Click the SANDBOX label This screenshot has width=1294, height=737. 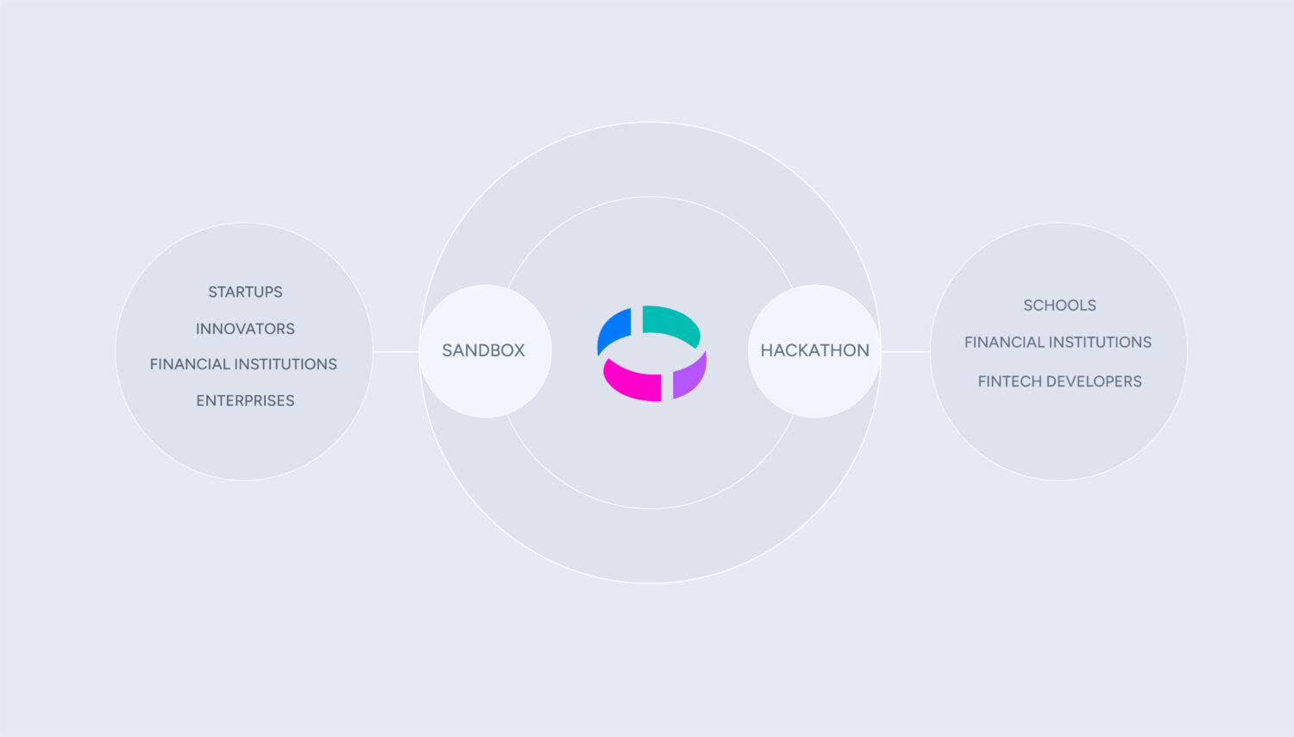point(483,350)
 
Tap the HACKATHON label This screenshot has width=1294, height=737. point(814,350)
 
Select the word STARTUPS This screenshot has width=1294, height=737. point(245,292)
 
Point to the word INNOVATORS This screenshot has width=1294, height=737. point(245,329)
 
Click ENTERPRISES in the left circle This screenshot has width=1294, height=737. point(245,400)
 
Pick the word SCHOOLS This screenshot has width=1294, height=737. point(1059,306)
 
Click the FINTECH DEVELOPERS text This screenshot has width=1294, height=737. point(1059,381)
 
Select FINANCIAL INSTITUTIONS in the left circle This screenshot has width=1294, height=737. point(243,364)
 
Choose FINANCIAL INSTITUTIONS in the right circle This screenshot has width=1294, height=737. point(1058,343)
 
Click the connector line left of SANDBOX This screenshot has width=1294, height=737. point(396,351)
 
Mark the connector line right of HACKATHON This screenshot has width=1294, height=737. point(905,351)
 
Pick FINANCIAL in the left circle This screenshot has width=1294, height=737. point(190,364)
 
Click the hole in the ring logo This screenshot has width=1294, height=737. point(651,354)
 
